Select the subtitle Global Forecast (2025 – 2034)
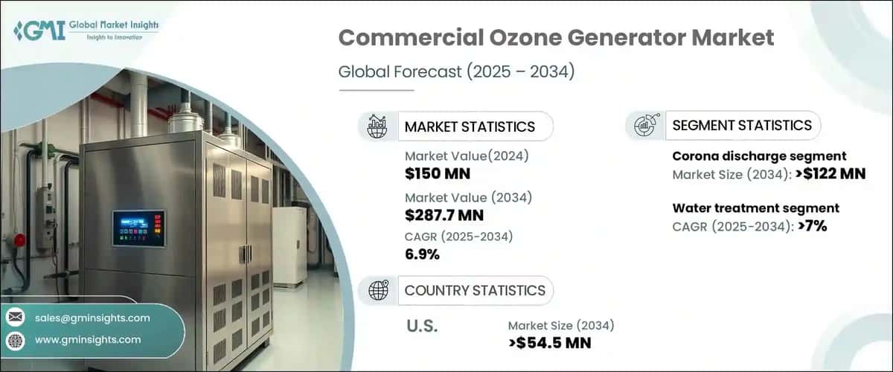tap(457, 73)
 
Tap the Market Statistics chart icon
tap(377, 126)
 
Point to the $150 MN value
tap(437, 174)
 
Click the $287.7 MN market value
tap(444, 216)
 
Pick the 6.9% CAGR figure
tap(423, 255)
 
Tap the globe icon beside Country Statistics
tap(377, 290)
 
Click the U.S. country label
tap(421, 327)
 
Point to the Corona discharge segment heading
tap(759, 156)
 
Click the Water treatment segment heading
tap(755, 208)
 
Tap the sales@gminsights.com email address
tap(92, 318)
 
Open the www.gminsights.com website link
tap(88, 340)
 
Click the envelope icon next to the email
tap(15, 318)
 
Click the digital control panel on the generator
tap(138, 227)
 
